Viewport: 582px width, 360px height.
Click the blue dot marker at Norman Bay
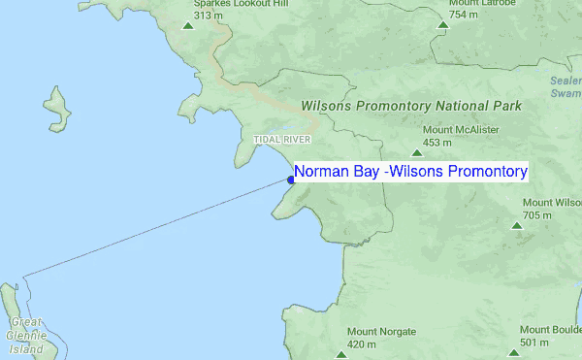click(x=291, y=178)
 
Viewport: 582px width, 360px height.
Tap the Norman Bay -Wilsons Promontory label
click(x=410, y=172)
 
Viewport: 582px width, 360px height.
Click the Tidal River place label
click(x=280, y=140)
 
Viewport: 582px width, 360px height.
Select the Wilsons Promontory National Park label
click(x=411, y=106)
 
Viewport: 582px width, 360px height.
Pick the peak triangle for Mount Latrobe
click(x=442, y=25)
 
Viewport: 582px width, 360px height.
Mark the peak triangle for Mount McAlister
click(x=417, y=152)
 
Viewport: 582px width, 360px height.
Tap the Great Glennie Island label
click(x=26, y=334)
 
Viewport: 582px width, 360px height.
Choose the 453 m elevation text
click(x=438, y=143)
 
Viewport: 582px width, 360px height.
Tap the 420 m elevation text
click(x=362, y=344)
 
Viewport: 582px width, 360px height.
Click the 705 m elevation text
click(x=537, y=215)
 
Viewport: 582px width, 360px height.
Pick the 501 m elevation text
click(x=534, y=343)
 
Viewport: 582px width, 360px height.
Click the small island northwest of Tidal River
click(x=56, y=112)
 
